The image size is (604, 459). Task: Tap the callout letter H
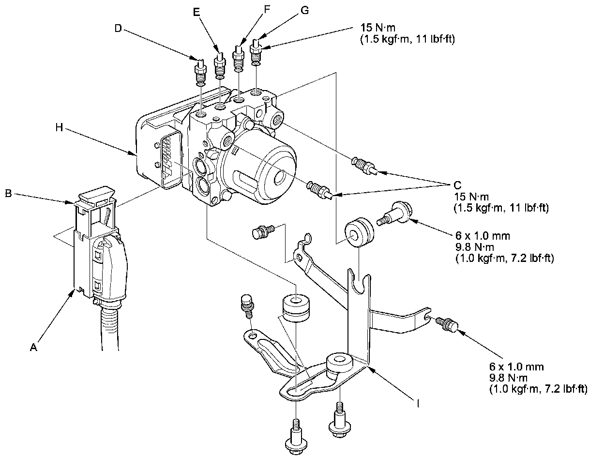coord(59,127)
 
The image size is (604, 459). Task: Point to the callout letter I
coord(418,401)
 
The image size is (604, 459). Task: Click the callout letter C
coord(457,184)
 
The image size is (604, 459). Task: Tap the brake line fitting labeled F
coord(238,56)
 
